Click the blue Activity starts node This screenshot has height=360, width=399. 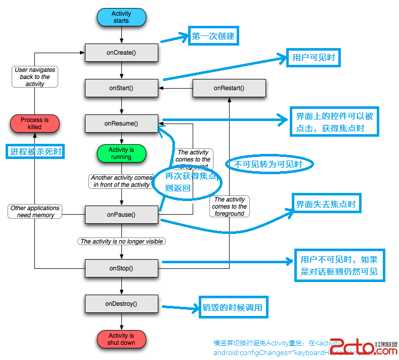[121, 17]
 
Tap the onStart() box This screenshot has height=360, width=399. [121, 88]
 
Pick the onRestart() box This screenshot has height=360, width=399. [229, 88]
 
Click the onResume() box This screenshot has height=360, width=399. [121, 123]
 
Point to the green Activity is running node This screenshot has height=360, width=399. [121, 153]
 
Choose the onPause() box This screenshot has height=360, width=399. [121, 215]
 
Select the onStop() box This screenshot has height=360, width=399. [121, 268]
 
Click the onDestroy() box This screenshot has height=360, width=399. [121, 304]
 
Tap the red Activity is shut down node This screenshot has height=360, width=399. [121, 339]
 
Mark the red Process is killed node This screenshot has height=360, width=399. [35, 124]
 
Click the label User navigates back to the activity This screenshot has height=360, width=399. [35, 77]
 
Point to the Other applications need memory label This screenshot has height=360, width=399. [35, 212]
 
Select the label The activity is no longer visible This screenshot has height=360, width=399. [122, 242]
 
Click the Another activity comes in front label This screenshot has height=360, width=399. [122, 181]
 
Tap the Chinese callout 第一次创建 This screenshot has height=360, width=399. [213, 36]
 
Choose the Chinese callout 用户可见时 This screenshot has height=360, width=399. [314, 58]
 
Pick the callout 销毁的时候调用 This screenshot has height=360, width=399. [233, 307]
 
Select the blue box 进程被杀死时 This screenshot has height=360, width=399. [35, 151]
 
